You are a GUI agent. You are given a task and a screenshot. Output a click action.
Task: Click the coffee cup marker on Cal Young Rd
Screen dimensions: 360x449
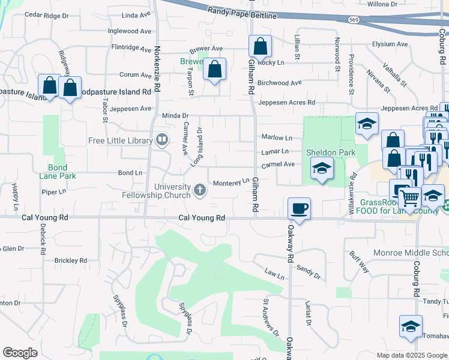[x=299, y=209]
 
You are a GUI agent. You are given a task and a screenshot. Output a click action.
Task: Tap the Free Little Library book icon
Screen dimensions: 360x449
[x=161, y=140]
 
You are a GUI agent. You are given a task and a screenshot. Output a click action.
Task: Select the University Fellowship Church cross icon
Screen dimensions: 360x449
[x=200, y=191]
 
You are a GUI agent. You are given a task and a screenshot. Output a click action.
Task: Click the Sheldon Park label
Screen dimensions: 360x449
[x=331, y=152]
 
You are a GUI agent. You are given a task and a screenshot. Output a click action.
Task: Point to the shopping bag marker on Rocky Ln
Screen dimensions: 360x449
[x=260, y=46]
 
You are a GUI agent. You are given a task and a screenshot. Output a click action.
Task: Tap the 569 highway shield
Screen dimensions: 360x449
[x=354, y=20]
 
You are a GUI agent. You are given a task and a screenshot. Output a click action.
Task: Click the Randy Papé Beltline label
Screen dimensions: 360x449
[x=243, y=11]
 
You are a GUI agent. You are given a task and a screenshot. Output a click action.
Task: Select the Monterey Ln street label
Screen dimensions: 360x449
[x=231, y=182]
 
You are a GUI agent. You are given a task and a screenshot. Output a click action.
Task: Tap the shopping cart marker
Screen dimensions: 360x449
[x=409, y=197]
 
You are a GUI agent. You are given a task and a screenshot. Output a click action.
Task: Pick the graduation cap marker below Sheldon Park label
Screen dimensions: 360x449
[x=322, y=169]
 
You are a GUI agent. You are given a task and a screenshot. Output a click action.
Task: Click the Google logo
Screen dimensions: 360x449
[x=20, y=353]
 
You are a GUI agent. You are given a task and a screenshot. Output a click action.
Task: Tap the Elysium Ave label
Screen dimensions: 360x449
[x=390, y=44]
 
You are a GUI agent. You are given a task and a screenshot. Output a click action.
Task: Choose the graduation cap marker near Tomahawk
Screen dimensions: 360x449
[x=411, y=327]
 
